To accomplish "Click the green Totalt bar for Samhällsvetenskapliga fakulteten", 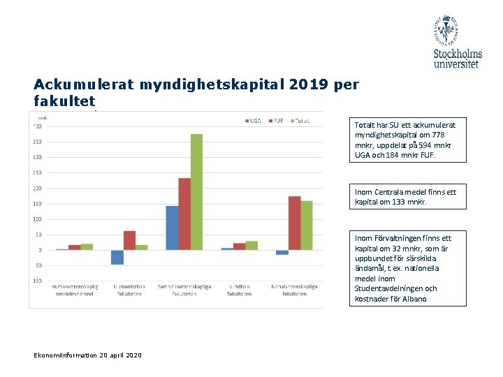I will click(196, 192).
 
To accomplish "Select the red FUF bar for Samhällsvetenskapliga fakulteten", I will click(184, 214).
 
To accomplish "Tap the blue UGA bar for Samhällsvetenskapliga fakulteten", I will click(172, 228).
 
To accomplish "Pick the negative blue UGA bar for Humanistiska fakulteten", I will click(117, 257).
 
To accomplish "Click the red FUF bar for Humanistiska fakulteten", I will click(130, 240).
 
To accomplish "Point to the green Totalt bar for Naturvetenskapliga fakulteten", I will click(307, 225).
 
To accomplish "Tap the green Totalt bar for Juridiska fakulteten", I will click(251, 245).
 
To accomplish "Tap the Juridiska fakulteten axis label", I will click(240, 290).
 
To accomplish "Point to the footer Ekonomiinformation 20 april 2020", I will click(87, 355).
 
